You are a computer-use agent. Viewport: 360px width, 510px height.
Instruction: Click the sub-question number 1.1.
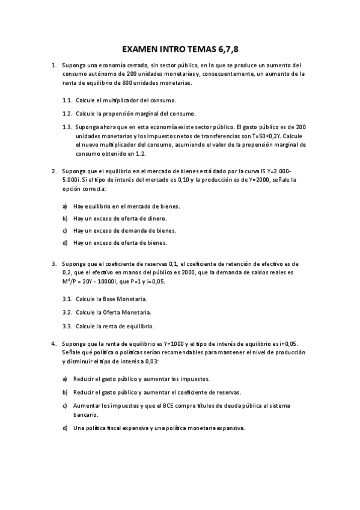[x=67, y=100]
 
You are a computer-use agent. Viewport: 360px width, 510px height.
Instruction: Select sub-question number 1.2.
[x=67, y=113]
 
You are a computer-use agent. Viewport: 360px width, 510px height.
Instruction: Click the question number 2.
[x=54, y=170]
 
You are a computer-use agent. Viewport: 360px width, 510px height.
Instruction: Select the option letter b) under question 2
[x=64, y=218]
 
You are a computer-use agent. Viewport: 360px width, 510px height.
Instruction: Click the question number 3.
[x=54, y=263]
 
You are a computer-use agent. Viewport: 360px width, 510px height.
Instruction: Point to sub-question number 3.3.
[x=67, y=327]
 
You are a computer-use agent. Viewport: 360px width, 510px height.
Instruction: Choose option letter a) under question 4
[x=64, y=379]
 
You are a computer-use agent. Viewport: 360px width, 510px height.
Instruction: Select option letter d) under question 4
[x=64, y=428]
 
